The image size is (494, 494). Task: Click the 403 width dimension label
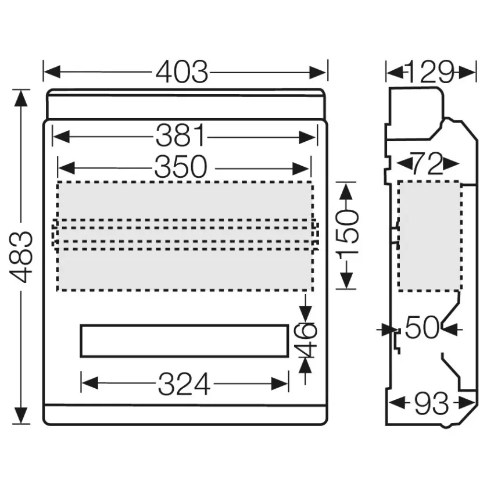pyautogui.click(x=182, y=72)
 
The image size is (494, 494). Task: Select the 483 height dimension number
pyautogui.click(x=21, y=257)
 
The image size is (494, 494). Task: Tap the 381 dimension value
pyautogui.click(x=181, y=136)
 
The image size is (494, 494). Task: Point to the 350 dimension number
pyautogui.click(x=181, y=167)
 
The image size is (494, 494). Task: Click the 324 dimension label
pyautogui.click(x=184, y=384)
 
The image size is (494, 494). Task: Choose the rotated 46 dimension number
pyautogui.click(x=305, y=339)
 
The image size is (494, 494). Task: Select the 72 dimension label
pyautogui.click(x=428, y=164)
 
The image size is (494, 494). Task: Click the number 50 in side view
pyautogui.click(x=422, y=328)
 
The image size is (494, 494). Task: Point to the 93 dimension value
pyautogui.click(x=431, y=403)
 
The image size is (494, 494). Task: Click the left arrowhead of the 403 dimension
pyautogui.click(x=52, y=72)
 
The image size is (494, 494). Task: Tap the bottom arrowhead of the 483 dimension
pyautogui.click(x=21, y=416)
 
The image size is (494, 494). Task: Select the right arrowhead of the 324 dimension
pyautogui.click(x=280, y=384)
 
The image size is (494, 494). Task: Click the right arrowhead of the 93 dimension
pyautogui.click(x=467, y=403)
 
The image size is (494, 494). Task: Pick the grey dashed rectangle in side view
pyautogui.click(x=430, y=236)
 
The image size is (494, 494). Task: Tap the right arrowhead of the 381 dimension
pyautogui.click(x=307, y=138)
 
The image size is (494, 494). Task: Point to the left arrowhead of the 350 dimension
pyautogui.click(x=67, y=168)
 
